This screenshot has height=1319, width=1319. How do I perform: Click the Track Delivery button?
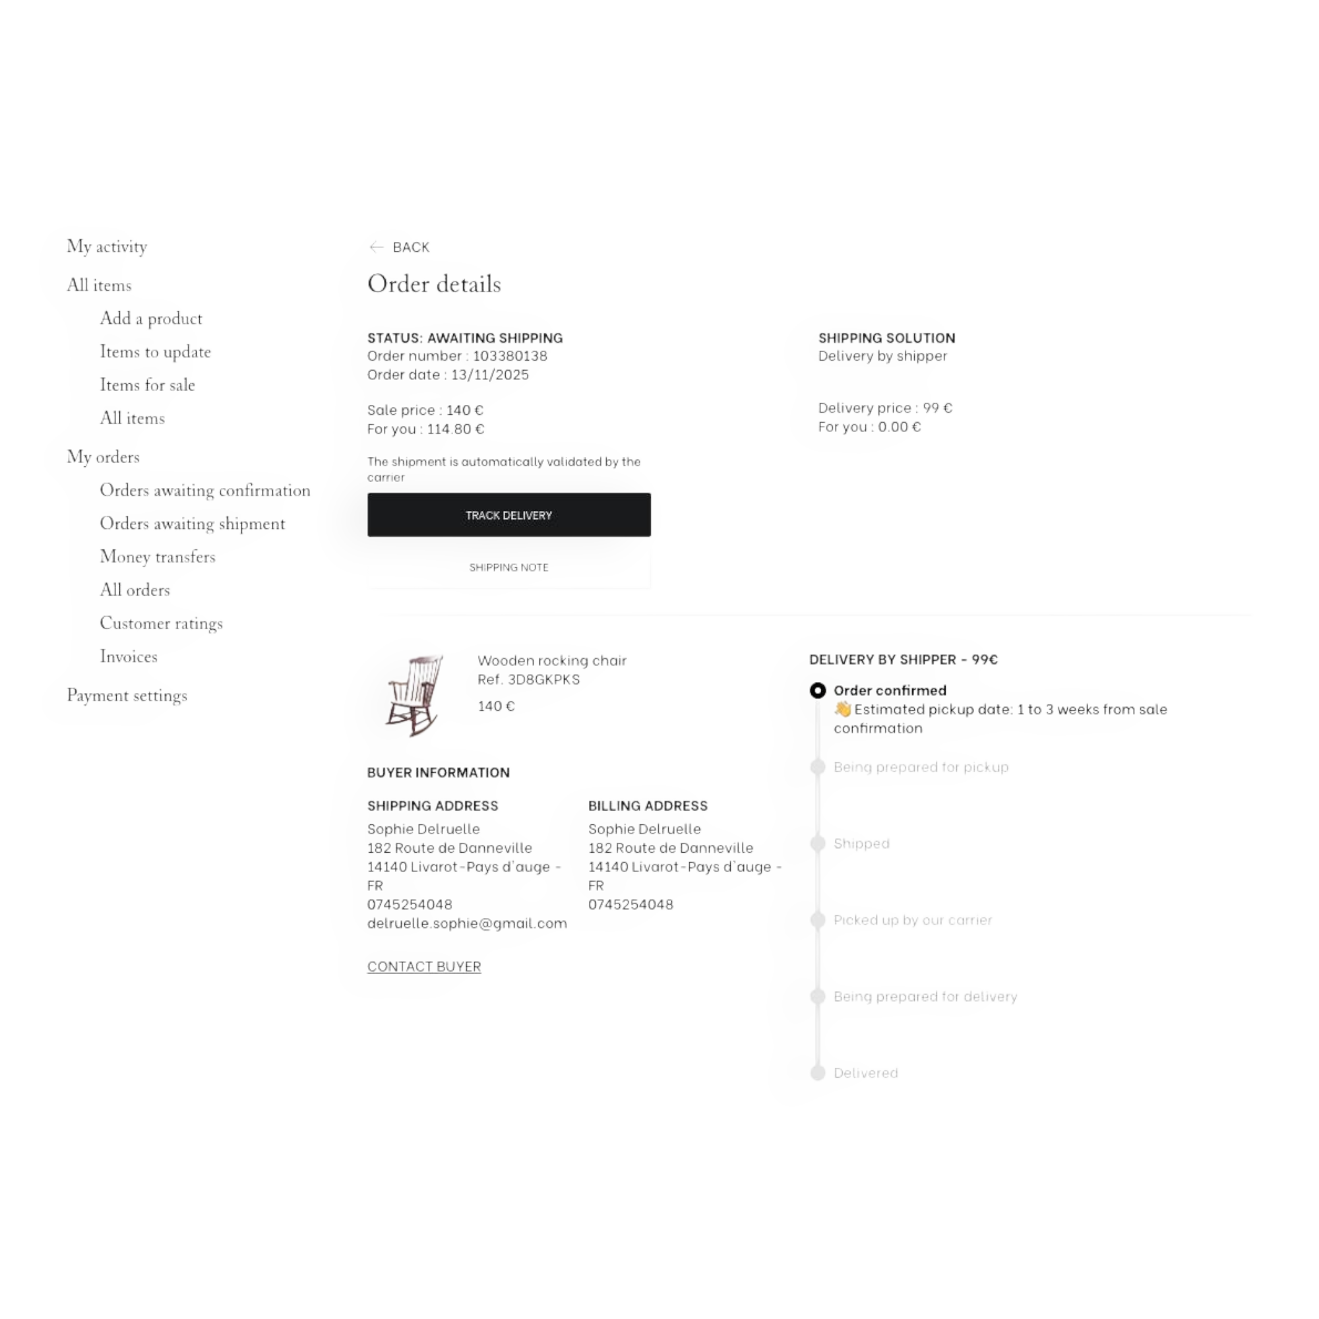508,515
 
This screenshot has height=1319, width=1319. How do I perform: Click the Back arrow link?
400,247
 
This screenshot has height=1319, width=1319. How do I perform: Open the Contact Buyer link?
424,966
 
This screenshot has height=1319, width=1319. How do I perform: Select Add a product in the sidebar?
151,318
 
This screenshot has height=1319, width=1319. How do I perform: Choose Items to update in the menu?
155,352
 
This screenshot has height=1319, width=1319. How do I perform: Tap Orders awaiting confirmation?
205,490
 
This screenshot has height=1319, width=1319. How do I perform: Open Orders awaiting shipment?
193,524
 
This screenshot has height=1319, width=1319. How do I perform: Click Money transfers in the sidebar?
158,557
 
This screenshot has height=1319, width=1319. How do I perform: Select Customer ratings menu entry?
161,623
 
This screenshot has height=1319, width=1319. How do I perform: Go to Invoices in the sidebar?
129,656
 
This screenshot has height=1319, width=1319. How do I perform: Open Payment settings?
127,696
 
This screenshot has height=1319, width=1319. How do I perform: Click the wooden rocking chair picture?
414,695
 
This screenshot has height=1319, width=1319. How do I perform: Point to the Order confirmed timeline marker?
817,690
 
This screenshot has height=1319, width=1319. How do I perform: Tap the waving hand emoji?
842,710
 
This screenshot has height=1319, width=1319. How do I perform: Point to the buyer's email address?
467,923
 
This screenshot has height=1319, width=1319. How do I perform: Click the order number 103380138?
510,355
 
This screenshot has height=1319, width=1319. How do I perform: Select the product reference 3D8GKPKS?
543,679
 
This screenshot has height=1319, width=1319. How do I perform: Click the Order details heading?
434,284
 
